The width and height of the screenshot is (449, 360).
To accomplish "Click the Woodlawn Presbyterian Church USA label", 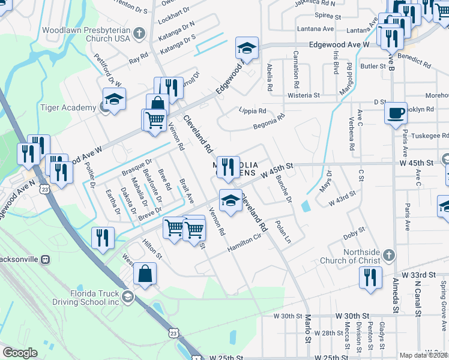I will (x=86, y=34).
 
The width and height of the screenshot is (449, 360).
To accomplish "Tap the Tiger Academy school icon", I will (x=114, y=98).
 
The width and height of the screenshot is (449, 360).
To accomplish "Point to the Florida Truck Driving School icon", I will (x=127, y=296).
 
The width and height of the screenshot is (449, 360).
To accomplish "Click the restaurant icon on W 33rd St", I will (x=370, y=277).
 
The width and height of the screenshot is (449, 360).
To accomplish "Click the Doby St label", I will (x=354, y=232).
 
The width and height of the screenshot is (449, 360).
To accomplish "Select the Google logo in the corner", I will (x=20, y=353).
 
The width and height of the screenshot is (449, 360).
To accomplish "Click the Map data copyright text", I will (x=424, y=355).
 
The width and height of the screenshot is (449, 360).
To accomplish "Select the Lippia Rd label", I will (x=252, y=111).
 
